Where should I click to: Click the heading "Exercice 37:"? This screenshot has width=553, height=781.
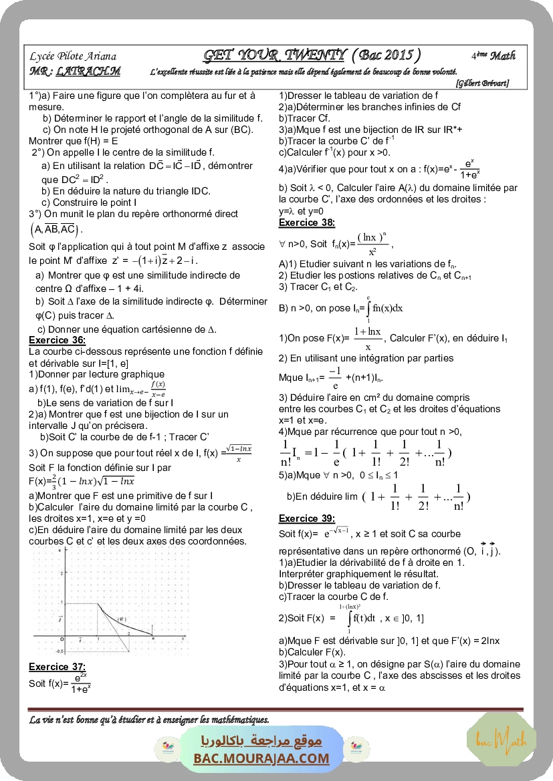coord(57,666)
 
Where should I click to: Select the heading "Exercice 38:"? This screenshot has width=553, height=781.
coord(307,222)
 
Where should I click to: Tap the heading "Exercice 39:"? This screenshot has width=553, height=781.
coord(307,518)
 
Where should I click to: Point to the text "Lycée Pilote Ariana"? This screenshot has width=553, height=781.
coord(73,57)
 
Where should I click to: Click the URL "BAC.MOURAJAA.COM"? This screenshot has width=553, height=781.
coord(261,758)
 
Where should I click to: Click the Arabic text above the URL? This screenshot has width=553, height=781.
coord(261,742)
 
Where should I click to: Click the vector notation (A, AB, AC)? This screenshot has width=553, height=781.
coord(56,229)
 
